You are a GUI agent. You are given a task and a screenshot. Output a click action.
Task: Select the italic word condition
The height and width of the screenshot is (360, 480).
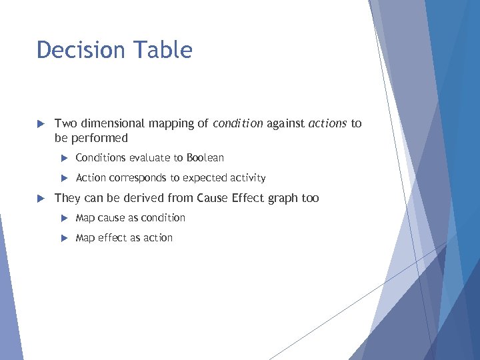click(238, 123)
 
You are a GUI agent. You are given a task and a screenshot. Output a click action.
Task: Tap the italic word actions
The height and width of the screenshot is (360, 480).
click(328, 123)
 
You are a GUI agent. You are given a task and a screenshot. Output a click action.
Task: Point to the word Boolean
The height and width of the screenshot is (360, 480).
click(205, 158)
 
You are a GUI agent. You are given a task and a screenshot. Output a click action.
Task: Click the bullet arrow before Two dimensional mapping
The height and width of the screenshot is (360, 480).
click(40, 123)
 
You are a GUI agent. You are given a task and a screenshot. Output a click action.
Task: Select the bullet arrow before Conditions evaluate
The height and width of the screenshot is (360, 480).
click(64, 158)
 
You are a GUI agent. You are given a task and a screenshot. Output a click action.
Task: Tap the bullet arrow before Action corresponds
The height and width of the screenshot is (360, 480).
click(64, 178)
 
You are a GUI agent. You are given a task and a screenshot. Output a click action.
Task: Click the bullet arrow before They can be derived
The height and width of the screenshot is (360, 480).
click(40, 198)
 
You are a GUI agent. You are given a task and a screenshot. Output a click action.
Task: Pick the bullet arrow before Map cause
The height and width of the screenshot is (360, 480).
click(64, 218)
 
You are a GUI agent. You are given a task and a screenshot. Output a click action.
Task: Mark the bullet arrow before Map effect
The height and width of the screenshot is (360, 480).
click(64, 238)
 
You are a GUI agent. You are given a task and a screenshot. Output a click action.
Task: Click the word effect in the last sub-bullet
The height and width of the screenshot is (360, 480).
click(111, 238)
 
